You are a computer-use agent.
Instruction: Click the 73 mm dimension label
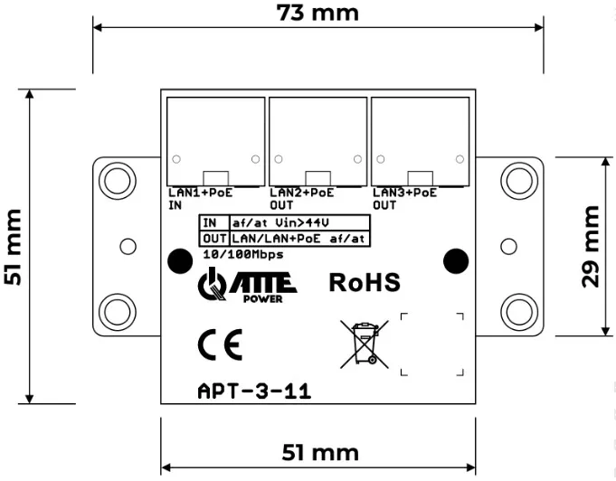317,13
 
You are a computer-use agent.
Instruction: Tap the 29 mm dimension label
591,247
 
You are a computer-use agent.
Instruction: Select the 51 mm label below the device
320,452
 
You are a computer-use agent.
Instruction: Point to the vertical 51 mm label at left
13,247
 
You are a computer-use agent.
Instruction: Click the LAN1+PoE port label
200,193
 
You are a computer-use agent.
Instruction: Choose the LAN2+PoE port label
302,193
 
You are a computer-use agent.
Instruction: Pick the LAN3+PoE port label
404,193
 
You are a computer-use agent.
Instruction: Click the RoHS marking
365,282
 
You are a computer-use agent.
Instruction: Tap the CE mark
220,345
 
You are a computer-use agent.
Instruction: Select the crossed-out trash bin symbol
365,344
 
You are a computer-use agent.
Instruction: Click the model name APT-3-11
254,391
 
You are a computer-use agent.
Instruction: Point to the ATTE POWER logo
247,285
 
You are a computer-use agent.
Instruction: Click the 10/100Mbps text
243,254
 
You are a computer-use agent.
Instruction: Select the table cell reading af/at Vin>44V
299,223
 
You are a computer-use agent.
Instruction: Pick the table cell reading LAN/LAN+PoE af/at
299,239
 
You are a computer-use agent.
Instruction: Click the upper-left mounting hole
117,181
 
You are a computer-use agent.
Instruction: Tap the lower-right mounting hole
519,312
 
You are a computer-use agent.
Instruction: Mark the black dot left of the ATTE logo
180,261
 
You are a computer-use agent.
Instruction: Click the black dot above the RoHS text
456,261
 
